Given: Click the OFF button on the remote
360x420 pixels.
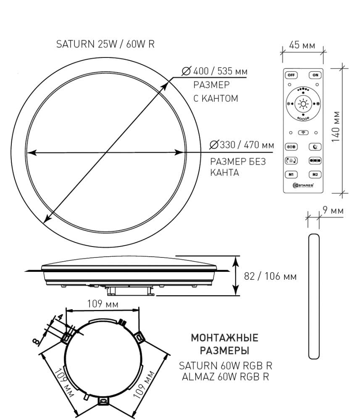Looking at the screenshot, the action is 291,75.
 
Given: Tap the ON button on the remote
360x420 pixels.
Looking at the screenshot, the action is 315,75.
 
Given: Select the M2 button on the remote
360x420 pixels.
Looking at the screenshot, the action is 315,175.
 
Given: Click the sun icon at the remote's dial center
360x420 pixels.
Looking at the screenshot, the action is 303,104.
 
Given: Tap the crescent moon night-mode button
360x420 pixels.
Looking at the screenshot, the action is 315,147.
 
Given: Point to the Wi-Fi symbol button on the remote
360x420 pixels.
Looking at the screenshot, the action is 303,133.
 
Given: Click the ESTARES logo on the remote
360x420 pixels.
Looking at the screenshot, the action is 303,185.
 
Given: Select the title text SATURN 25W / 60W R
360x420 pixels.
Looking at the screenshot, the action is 105,44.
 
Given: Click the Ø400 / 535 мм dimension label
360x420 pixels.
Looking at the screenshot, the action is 215,71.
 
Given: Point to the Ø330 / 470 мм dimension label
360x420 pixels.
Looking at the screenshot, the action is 242,145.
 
